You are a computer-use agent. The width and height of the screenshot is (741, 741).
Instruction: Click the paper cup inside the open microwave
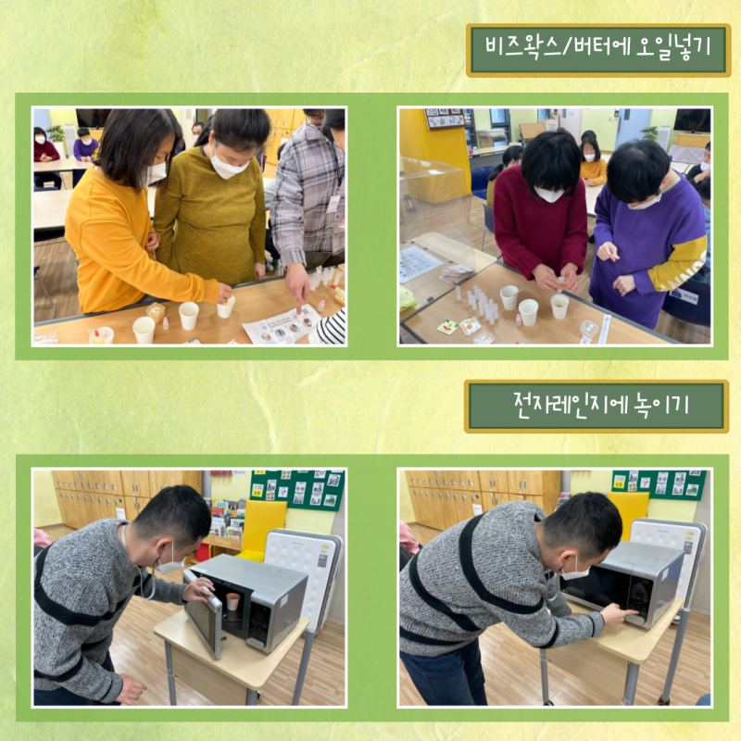pos(232,601)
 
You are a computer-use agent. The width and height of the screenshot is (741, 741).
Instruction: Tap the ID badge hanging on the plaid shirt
pos(333,204)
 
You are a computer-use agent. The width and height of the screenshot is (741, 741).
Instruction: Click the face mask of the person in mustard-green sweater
pos(228,164)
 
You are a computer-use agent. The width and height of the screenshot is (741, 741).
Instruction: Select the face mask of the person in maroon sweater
pos(548,194)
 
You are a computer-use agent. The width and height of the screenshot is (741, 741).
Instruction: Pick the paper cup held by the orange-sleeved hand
pos(225,308)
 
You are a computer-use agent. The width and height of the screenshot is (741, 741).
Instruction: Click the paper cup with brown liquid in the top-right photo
pos(559,307)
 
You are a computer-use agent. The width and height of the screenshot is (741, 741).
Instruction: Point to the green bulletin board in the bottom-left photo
pos(297,489)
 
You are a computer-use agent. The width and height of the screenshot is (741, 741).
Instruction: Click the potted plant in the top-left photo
pos(57,137)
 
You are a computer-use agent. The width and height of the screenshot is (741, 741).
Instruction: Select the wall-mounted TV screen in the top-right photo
pos(692,120)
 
